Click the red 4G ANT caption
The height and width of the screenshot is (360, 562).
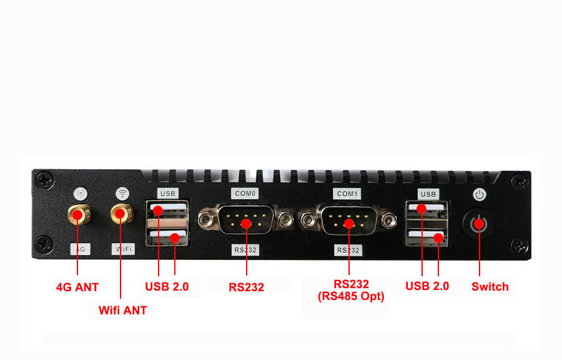coord(77,287)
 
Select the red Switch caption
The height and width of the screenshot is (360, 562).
coord(490,287)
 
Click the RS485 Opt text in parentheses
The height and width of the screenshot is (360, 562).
coord(351,296)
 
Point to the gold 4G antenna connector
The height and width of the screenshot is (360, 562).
coord(78,216)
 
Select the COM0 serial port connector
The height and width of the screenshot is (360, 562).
coord(246,220)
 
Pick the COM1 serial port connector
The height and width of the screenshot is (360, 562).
coord(348,220)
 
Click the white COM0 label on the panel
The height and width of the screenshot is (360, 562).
coord(245,194)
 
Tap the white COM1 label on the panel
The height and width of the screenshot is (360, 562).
coord(347,194)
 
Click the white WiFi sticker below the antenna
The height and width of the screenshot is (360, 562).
coord(123,249)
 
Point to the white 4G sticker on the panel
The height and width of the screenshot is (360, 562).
coord(80,249)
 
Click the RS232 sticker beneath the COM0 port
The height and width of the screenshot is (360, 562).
coord(246,249)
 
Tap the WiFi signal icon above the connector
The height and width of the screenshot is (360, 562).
coord(123,193)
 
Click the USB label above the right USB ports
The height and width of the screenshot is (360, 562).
coord(428,194)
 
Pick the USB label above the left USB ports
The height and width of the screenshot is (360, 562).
coord(168,193)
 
